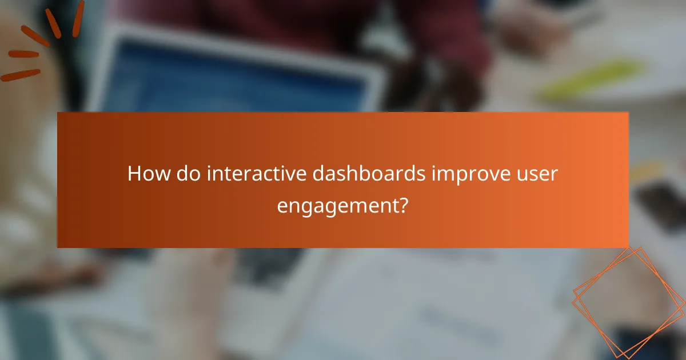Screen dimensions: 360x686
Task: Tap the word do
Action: pyautogui.click(x=188, y=173)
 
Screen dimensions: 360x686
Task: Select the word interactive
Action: pyautogui.click(x=260, y=173)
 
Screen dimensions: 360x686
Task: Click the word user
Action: pyautogui.click(x=538, y=174)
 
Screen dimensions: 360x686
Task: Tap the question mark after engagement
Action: pyautogui.click(x=404, y=205)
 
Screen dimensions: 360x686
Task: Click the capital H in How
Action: pyautogui.click(x=134, y=173)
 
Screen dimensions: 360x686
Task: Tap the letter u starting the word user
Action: pyautogui.click(x=524, y=174)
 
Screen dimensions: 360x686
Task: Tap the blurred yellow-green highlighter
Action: pyautogui.click(x=589, y=80)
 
